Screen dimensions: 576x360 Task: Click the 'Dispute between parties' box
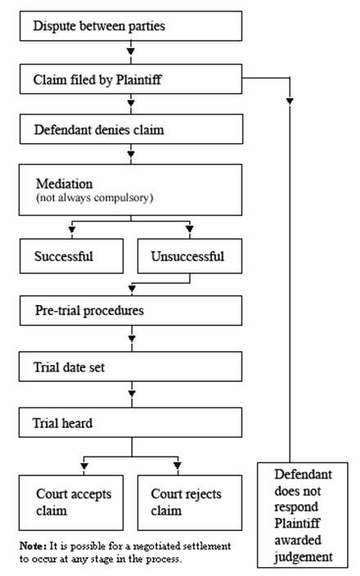[x=131, y=26]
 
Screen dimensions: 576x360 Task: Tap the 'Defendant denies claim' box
[x=131, y=129]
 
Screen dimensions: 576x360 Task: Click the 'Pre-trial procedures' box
[x=131, y=312]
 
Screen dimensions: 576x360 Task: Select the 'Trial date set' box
[x=131, y=367]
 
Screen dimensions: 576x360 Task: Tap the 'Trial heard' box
[x=131, y=422]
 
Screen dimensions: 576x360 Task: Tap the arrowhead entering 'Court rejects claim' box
[x=178, y=467]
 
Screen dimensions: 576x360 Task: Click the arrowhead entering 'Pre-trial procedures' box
[x=131, y=288]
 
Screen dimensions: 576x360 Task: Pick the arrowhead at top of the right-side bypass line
[x=290, y=101]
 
